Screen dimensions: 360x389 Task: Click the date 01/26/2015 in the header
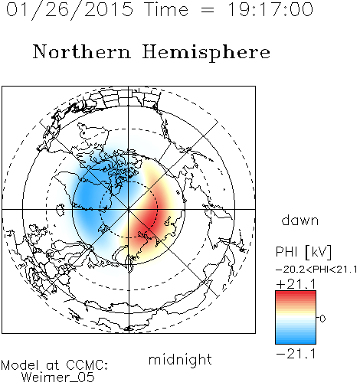pyautogui.click(x=70, y=10)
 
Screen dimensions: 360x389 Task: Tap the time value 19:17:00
pyautogui.click(x=270, y=10)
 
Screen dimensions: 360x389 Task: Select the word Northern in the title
pyautogui.click(x=82, y=52)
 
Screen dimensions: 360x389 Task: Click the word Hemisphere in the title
pyautogui.click(x=206, y=53)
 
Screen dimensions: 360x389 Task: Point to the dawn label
pyautogui.click(x=300, y=220)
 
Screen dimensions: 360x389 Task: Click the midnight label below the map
pyautogui.click(x=180, y=360)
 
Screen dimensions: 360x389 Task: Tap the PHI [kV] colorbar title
pyautogui.click(x=303, y=252)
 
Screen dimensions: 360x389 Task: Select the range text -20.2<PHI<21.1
pyautogui.click(x=316, y=270)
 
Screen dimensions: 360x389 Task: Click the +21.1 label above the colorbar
pyautogui.click(x=296, y=284)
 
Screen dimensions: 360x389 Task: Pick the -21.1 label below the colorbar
pyautogui.click(x=296, y=354)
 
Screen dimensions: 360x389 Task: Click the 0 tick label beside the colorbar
pyautogui.click(x=322, y=319)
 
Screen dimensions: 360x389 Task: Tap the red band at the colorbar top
pyautogui.click(x=296, y=295)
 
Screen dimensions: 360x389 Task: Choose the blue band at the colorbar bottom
pyautogui.click(x=296, y=340)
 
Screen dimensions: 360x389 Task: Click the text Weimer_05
pyautogui.click(x=58, y=378)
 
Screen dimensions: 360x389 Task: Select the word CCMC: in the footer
pyautogui.click(x=87, y=365)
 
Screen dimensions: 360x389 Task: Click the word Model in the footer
pyautogui.click(x=20, y=365)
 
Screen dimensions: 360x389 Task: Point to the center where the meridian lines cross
pyautogui.click(x=129, y=209)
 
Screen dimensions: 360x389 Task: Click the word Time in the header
pyautogui.click(x=166, y=10)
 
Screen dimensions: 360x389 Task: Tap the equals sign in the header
pyautogui.click(x=208, y=10)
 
